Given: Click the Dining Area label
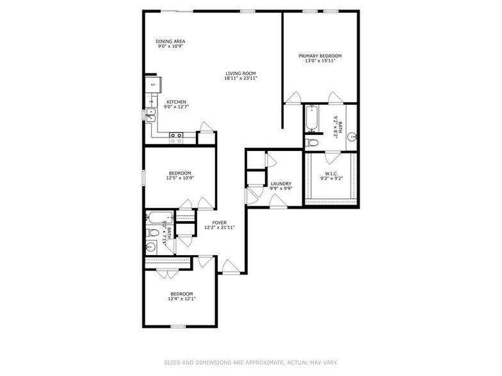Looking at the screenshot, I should point(170,42).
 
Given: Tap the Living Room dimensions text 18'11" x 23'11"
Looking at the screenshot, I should point(241,79).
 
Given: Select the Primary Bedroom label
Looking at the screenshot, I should point(320,56).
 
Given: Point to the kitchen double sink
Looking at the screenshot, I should point(151,114).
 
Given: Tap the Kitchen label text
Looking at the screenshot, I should point(176,102).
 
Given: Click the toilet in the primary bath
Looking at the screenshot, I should point(312,142).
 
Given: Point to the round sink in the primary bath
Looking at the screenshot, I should point(352,136).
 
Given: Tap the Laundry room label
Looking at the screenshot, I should point(281,184).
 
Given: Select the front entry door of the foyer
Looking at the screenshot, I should point(231,267).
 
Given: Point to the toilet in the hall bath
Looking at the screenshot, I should point(152,233).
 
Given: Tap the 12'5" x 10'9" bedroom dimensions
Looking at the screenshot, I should point(181,178).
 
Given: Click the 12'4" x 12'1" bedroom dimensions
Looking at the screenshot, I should point(182,298).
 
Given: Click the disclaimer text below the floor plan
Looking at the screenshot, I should point(250,362).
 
